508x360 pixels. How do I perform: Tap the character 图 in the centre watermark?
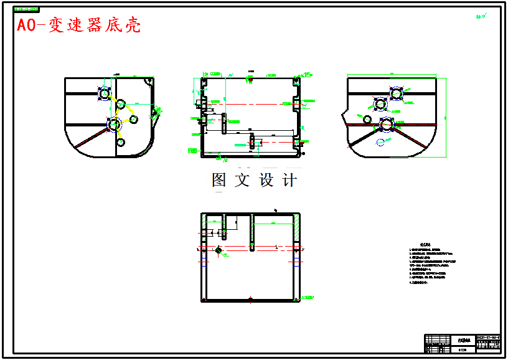click(x=219, y=181)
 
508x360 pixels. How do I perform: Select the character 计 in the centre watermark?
click(x=289, y=181)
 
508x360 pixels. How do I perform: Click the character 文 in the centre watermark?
click(x=242, y=181)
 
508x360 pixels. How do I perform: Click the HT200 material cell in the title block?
click(x=462, y=350)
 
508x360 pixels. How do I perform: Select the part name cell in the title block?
click(x=463, y=341)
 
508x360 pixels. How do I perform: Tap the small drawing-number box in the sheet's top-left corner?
click(x=26, y=10)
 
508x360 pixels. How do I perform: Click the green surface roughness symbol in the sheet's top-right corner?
click(x=480, y=17)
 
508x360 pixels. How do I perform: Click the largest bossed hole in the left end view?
click(x=114, y=125)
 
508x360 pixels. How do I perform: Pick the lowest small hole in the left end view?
click(x=120, y=143)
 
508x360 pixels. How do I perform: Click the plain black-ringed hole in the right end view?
click(x=367, y=119)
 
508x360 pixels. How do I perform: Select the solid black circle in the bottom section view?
click(x=219, y=250)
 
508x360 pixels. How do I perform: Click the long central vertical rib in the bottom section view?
click(x=252, y=232)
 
